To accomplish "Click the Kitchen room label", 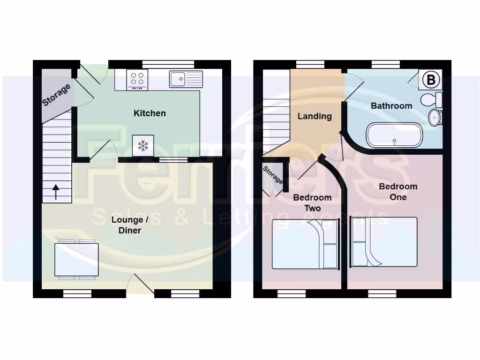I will click(150, 113).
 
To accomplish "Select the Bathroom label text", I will click(391, 106).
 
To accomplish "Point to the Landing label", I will click(315, 116).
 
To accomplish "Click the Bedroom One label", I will click(398, 192).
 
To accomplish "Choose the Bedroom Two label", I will click(312, 203).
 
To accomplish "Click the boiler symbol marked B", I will click(431, 80).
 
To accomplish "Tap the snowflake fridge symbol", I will click(143, 145).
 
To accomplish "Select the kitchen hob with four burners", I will click(137, 80).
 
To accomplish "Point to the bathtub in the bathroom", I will click(394, 135).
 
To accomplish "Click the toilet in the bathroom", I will click(431, 99).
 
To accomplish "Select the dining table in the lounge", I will click(76, 260).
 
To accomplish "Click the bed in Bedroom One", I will click(383, 242).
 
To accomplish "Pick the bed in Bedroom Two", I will click(306, 244).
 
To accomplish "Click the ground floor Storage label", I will click(57, 95).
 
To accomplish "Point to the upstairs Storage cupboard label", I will click(273, 175).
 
